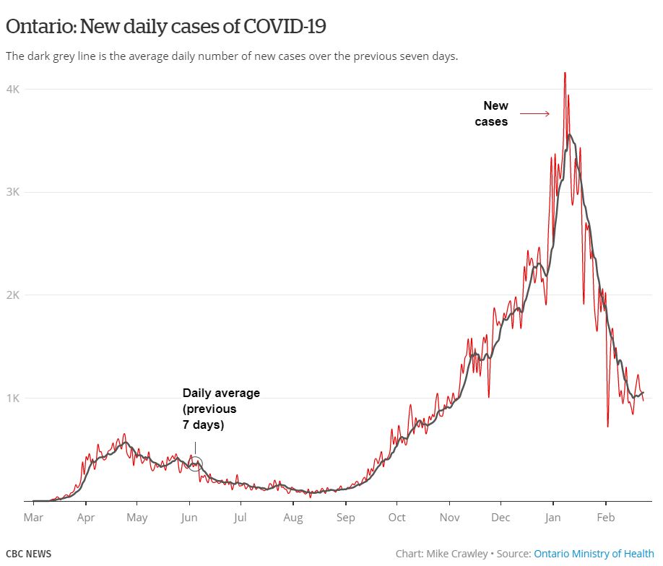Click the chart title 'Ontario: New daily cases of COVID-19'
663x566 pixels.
[x=166, y=27]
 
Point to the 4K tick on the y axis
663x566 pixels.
[x=14, y=89]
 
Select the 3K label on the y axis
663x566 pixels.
[x=14, y=192]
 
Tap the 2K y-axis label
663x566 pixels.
[x=14, y=295]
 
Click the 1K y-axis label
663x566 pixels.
[x=14, y=398]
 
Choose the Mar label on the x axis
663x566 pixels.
[x=33, y=517]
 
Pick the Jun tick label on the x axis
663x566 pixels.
[x=189, y=517]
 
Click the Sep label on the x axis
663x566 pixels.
[x=345, y=517]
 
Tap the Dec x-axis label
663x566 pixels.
[x=500, y=517]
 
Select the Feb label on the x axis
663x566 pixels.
[x=605, y=517]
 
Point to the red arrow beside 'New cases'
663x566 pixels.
[x=535, y=113]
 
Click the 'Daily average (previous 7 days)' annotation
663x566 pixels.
[x=220, y=409]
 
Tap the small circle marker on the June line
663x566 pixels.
[x=195, y=463]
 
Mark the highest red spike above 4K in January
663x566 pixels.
[x=565, y=73]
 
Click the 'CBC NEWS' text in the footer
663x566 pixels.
[x=29, y=554]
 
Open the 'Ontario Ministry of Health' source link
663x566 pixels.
[x=594, y=554]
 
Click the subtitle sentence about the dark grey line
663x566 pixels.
[x=232, y=56]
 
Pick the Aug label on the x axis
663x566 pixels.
[x=293, y=517]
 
